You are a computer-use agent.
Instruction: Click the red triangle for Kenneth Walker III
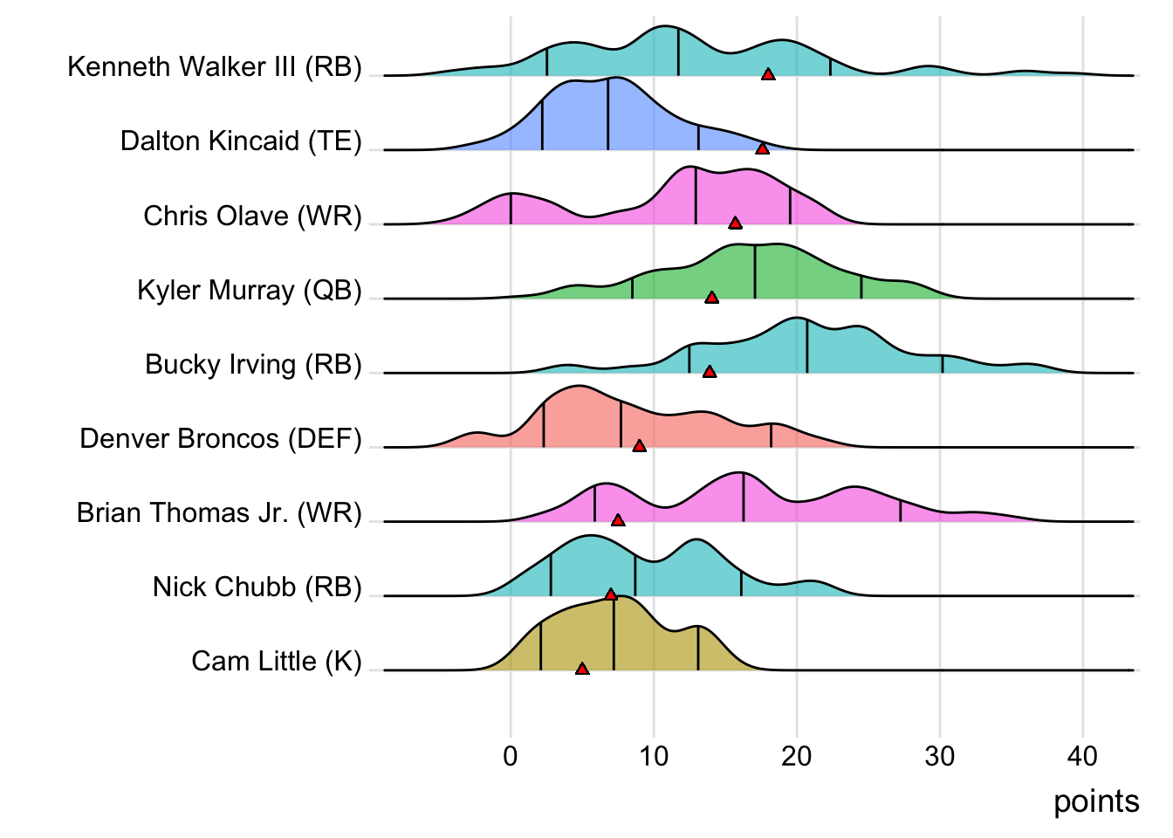tap(768, 75)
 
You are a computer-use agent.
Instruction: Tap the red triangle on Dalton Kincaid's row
tap(762, 149)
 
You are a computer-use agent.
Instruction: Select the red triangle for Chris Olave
tap(735, 223)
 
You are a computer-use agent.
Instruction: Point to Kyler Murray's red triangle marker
tap(711, 298)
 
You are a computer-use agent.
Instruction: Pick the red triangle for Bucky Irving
tap(710, 372)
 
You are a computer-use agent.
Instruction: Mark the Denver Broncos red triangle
tap(639, 446)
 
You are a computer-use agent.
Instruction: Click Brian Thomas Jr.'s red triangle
tap(618, 520)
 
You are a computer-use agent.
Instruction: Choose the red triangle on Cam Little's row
tap(582, 669)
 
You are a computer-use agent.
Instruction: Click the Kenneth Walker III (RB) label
tap(215, 66)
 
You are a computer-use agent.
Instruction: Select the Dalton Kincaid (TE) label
tap(241, 141)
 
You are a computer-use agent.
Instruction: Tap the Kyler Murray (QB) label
tap(250, 290)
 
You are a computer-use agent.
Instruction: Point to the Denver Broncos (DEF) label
tap(221, 438)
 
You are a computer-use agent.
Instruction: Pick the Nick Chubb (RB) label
tap(257, 587)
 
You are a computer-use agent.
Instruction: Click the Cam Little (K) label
tap(277, 661)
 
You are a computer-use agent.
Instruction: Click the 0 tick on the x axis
tap(511, 756)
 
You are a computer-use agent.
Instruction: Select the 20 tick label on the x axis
tap(797, 756)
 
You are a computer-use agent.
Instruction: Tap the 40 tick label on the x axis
tap(1082, 756)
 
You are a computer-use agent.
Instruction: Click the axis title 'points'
tap(1096, 801)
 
